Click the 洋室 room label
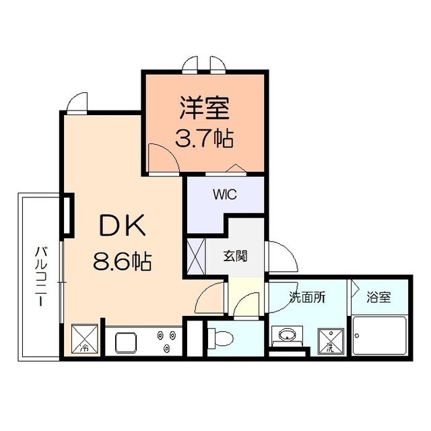coord(205,108)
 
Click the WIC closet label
coord(225,195)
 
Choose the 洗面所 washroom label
coord(308,297)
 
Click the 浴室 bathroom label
coord(379,297)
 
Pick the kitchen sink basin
coord(127,342)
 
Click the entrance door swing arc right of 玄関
coord(281,254)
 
